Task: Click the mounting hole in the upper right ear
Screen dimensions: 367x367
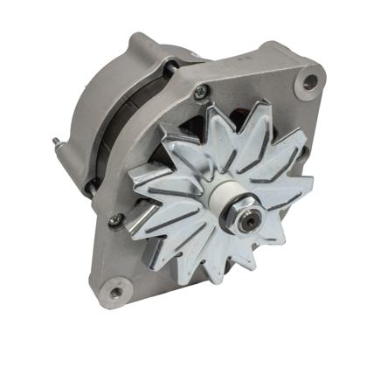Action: click(x=309, y=82)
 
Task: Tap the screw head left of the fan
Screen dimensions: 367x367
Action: click(x=114, y=221)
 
